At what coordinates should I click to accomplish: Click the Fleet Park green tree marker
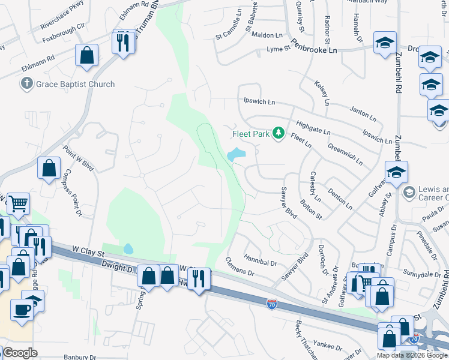[x=278, y=133]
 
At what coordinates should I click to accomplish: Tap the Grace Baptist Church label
[x=75, y=84]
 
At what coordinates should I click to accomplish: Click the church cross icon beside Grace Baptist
[x=26, y=83]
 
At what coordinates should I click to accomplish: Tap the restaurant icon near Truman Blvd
[x=123, y=43]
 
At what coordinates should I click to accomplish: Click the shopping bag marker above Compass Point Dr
[x=49, y=169]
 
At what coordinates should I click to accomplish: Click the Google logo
[x=20, y=353]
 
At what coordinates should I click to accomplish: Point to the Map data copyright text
[x=412, y=355]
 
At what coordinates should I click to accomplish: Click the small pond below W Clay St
[x=127, y=248]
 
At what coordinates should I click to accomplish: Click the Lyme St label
[x=278, y=48]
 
